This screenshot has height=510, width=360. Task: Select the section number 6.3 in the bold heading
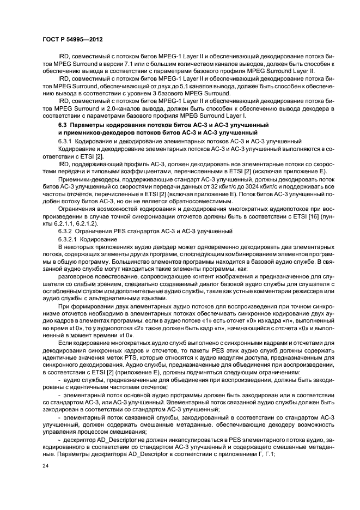coord(62,126)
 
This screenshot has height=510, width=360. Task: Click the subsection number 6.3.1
coord(65,140)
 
